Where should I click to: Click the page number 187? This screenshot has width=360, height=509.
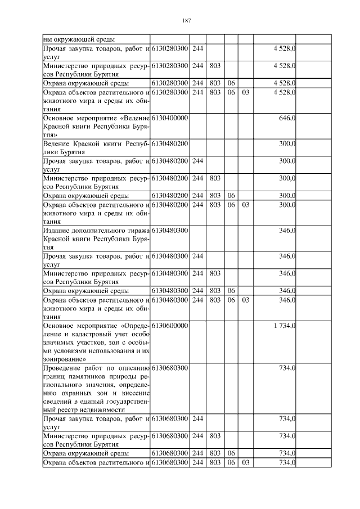(187, 21)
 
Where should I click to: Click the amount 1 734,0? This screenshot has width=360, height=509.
(285, 326)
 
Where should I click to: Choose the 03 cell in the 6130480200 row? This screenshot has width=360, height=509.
(245, 205)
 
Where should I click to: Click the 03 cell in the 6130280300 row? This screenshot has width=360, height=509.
(245, 92)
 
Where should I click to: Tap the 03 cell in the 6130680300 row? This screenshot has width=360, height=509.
(245, 462)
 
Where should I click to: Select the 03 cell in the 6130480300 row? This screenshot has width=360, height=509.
(245, 300)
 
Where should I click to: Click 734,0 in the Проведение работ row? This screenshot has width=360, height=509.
(288, 367)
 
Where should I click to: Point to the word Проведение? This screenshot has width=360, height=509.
(61, 367)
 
